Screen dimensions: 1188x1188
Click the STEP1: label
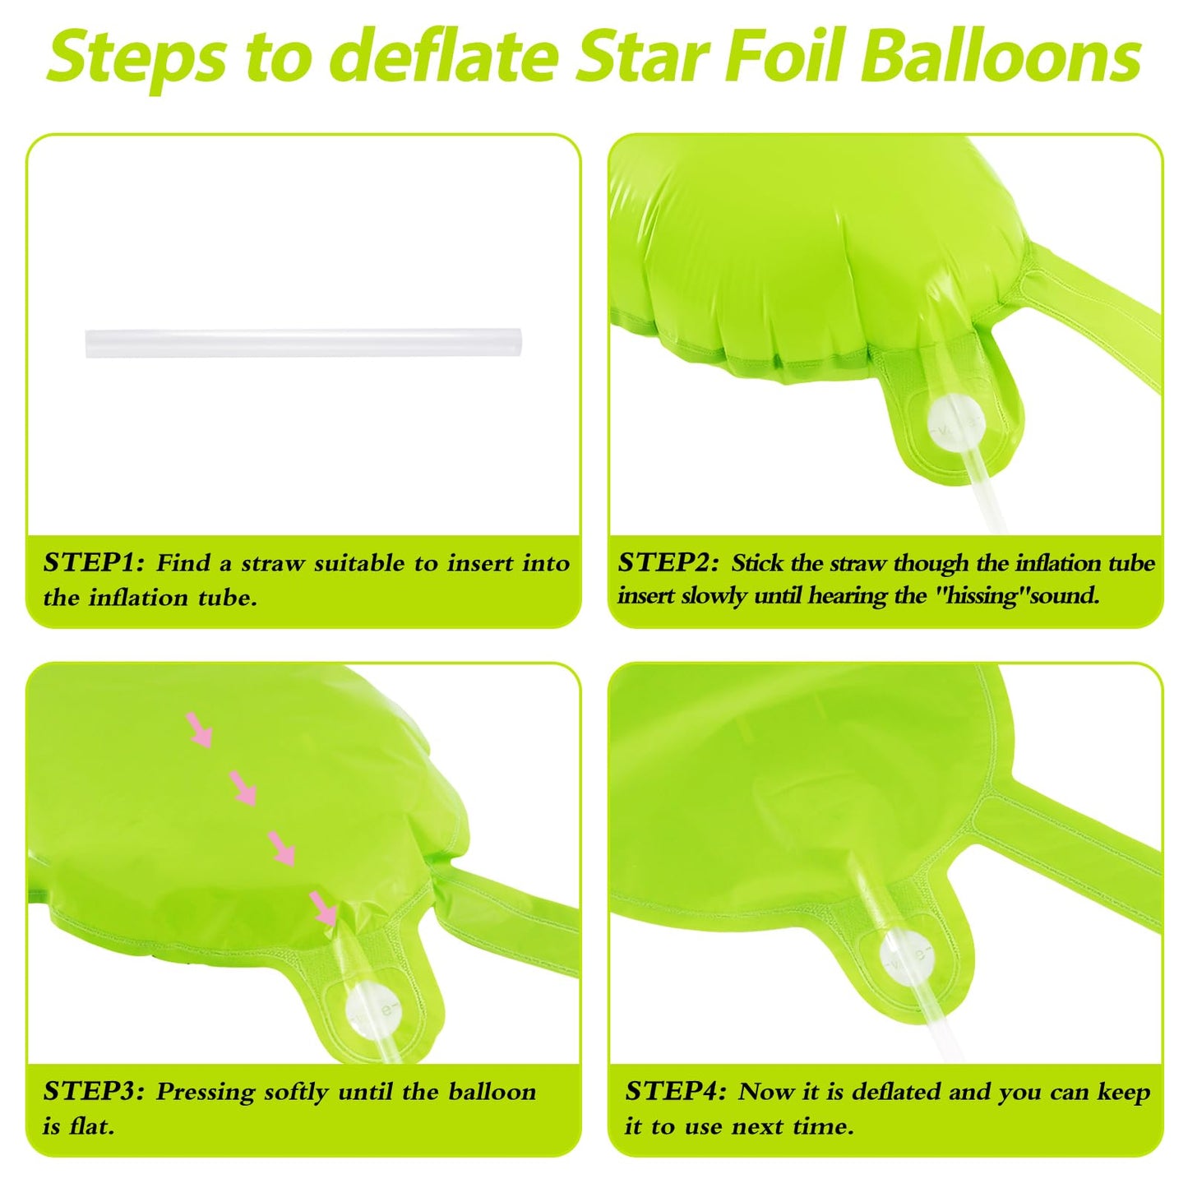click(94, 562)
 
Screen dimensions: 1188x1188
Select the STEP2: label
click(668, 562)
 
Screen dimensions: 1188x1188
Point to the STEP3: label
click(94, 1091)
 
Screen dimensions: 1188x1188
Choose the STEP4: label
click(676, 1091)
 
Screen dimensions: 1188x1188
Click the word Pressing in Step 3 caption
click(206, 1093)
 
